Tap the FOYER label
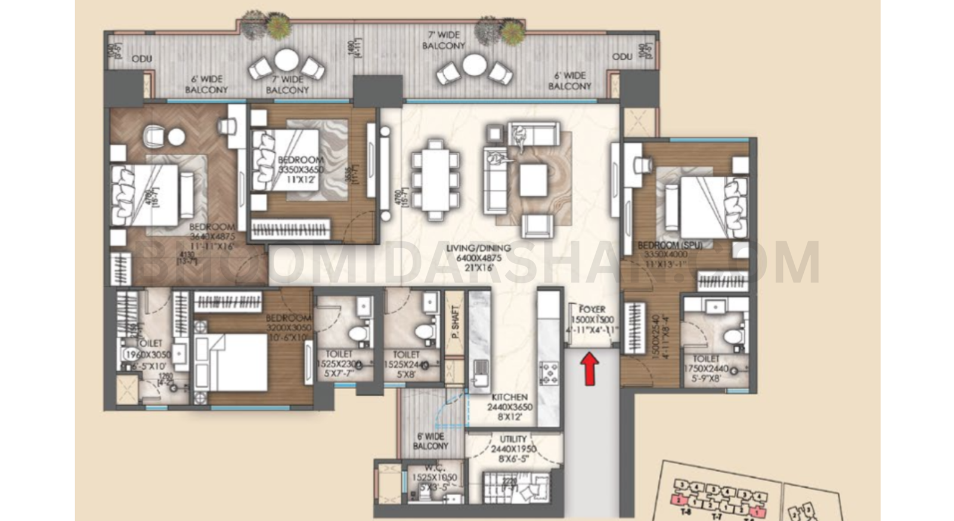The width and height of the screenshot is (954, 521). point(591,309)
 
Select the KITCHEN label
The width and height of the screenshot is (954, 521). point(509,397)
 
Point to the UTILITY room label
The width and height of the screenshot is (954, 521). point(513,439)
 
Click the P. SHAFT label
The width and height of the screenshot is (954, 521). point(455,322)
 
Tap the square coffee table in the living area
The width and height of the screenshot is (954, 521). point(533,180)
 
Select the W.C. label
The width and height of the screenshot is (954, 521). point(433,468)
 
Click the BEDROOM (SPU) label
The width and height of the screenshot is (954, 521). point(669,245)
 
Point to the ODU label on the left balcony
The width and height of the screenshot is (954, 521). point(142,58)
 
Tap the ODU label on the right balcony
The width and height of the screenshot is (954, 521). point(622,57)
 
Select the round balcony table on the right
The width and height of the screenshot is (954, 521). point(474,65)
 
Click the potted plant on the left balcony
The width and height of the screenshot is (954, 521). point(276,25)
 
